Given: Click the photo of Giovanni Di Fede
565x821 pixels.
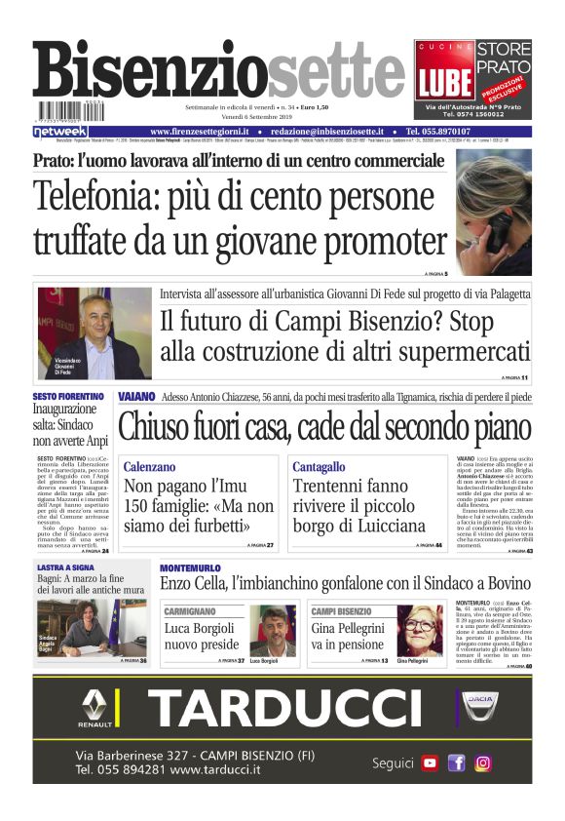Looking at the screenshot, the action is tap(94, 333).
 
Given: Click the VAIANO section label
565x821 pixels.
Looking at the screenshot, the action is tap(136, 398).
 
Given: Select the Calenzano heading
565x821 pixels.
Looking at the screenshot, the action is tap(150, 467).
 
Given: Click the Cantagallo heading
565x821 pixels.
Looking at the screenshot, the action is tap(319, 467).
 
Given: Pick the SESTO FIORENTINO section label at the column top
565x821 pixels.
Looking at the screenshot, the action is tap(68, 397).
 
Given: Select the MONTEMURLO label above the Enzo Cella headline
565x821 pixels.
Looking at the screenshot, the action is tap(190, 567).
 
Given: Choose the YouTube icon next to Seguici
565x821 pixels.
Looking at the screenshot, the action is tap(430, 763).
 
